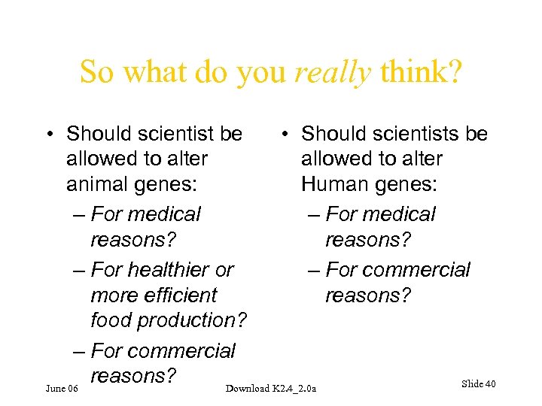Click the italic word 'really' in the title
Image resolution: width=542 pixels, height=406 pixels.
coord(334,72)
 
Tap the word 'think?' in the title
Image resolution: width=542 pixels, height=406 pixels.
coord(422,72)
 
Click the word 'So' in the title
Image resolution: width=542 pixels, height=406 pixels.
coord(99,72)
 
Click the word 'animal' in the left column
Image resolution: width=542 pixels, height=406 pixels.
coord(96,184)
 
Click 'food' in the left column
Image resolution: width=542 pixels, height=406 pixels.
coord(111,320)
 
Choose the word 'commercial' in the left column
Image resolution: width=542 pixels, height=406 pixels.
coord(181,351)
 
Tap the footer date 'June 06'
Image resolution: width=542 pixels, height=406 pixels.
coord(62,388)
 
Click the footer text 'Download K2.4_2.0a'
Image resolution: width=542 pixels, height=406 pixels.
coord(272,388)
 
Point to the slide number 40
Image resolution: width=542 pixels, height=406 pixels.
coord(490,384)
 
